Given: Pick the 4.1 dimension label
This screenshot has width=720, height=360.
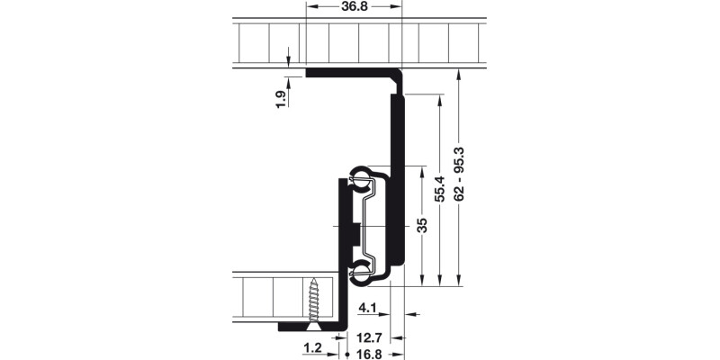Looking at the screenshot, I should coord(367,309).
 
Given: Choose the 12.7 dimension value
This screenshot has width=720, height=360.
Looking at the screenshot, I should coord(371,337).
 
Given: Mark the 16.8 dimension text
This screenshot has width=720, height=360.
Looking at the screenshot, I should coord(371,354).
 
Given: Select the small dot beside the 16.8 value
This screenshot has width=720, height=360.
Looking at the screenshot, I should coord(348,354).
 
